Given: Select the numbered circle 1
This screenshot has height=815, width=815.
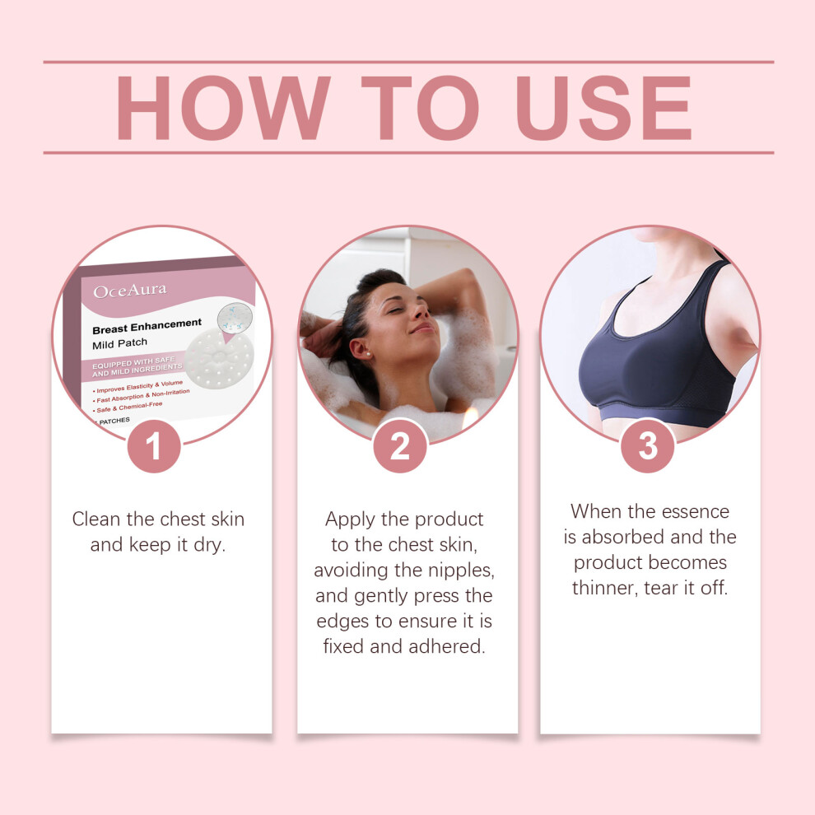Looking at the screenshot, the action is pos(154,446).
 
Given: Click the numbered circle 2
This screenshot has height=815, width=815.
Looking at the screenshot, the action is pos(400,446).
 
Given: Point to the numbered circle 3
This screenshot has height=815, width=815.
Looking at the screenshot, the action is pos(648,446).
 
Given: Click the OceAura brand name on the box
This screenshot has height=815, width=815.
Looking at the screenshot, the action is pos(130,291).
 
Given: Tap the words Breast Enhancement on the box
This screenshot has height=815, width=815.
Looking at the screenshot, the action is pos(147,326).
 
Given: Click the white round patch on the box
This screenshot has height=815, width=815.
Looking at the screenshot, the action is pos(219,359).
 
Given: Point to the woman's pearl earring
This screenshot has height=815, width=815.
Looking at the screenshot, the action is pos(368,353).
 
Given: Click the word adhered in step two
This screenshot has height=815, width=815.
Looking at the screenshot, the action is pos(447,646).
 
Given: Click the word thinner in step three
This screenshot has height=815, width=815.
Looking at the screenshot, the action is pos(604,588).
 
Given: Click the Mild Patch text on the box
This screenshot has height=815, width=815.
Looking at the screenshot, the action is pos(120,344).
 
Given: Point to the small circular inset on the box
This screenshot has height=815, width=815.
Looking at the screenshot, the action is pos(235,318).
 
